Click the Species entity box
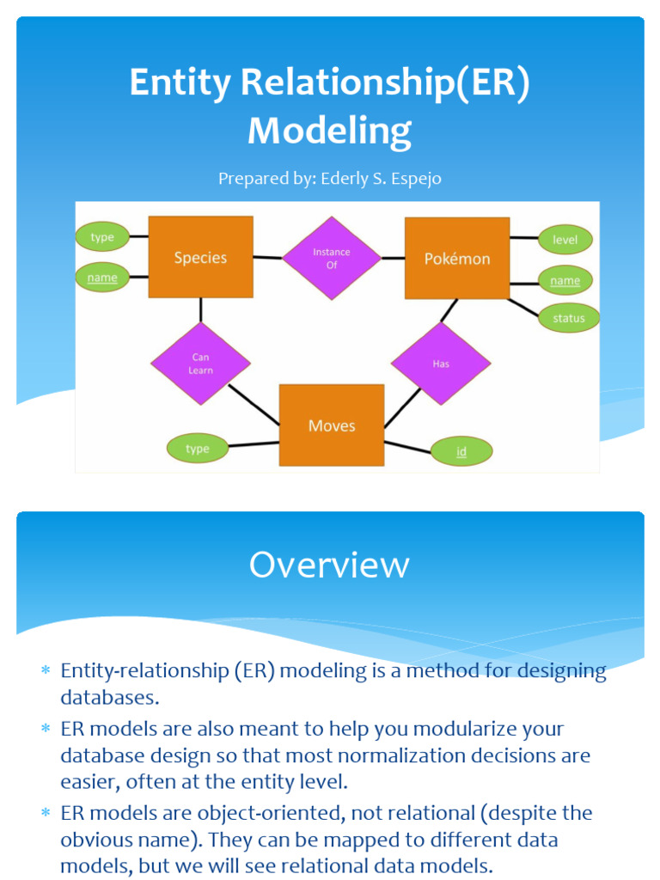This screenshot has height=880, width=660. click(x=200, y=257)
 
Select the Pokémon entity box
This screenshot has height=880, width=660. click(x=456, y=258)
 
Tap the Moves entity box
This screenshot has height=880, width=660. click(x=331, y=425)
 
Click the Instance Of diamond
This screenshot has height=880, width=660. click(x=331, y=258)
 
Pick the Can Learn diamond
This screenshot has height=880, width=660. click(x=200, y=364)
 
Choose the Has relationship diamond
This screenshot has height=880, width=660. click(x=440, y=364)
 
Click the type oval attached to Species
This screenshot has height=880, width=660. click(x=102, y=237)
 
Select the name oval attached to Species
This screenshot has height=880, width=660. click(x=102, y=278)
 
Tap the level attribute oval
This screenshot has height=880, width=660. click(x=565, y=240)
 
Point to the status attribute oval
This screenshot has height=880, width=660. click(x=568, y=318)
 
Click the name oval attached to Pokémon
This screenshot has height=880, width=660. click(x=565, y=280)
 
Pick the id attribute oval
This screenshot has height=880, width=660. click(x=461, y=450)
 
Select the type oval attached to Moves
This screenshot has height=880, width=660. click(x=197, y=449)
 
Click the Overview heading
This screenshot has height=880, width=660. click(x=329, y=565)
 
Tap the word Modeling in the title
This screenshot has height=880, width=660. click(x=329, y=131)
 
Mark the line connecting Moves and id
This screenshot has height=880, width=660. click(x=407, y=446)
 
